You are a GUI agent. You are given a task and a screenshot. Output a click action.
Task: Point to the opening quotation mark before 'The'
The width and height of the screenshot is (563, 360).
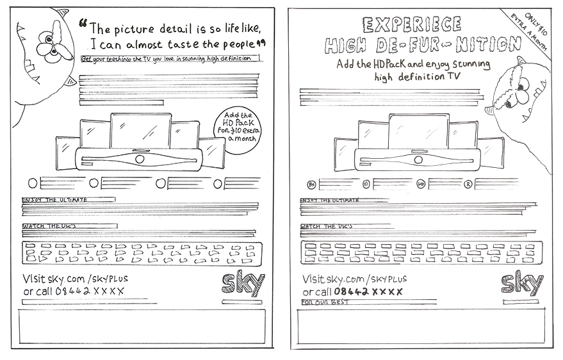point(83,24)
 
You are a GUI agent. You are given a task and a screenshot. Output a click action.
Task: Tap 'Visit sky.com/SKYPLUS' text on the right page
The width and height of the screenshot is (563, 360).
point(354,279)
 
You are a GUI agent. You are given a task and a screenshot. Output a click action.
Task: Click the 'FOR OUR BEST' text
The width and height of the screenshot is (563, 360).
point(325,300)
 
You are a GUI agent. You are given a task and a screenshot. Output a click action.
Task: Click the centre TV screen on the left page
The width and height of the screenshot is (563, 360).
point(140,131)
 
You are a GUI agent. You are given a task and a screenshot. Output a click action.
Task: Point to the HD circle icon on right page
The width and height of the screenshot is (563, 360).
point(421,183)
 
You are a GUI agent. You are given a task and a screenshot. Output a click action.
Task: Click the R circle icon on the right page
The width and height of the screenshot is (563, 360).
point(468,183)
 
